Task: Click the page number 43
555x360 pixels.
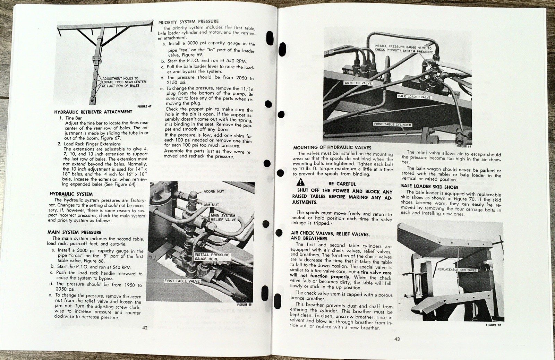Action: pyautogui.click(x=397, y=339)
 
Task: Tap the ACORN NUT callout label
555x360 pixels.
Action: pyautogui.click(x=214, y=191)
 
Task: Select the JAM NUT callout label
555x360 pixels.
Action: pyautogui.click(x=211, y=205)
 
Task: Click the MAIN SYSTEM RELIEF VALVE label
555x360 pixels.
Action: pyautogui.click(x=223, y=217)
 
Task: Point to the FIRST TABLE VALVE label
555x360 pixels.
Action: pyautogui.click(x=182, y=281)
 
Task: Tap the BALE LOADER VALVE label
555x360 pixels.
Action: pyautogui.click(x=414, y=97)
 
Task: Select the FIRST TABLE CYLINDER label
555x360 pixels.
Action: pyautogui.click(x=392, y=124)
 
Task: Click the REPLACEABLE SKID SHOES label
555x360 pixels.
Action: pyautogui.click(x=457, y=269)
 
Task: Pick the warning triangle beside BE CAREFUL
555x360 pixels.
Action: pyautogui.click(x=300, y=182)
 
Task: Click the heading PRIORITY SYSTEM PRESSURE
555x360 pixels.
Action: pyautogui.click(x=188, y=22)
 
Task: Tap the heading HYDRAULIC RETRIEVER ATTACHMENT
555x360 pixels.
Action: pyautogui.click(x=93, y=112)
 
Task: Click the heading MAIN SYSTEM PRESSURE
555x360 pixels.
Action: pyautogui.click(x=74, y=232)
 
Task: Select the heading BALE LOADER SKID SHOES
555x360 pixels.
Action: pyautogui.click(x=429, y=187)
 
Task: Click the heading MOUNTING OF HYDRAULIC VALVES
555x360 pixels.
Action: pyautogui.click(x=332, y=147)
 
